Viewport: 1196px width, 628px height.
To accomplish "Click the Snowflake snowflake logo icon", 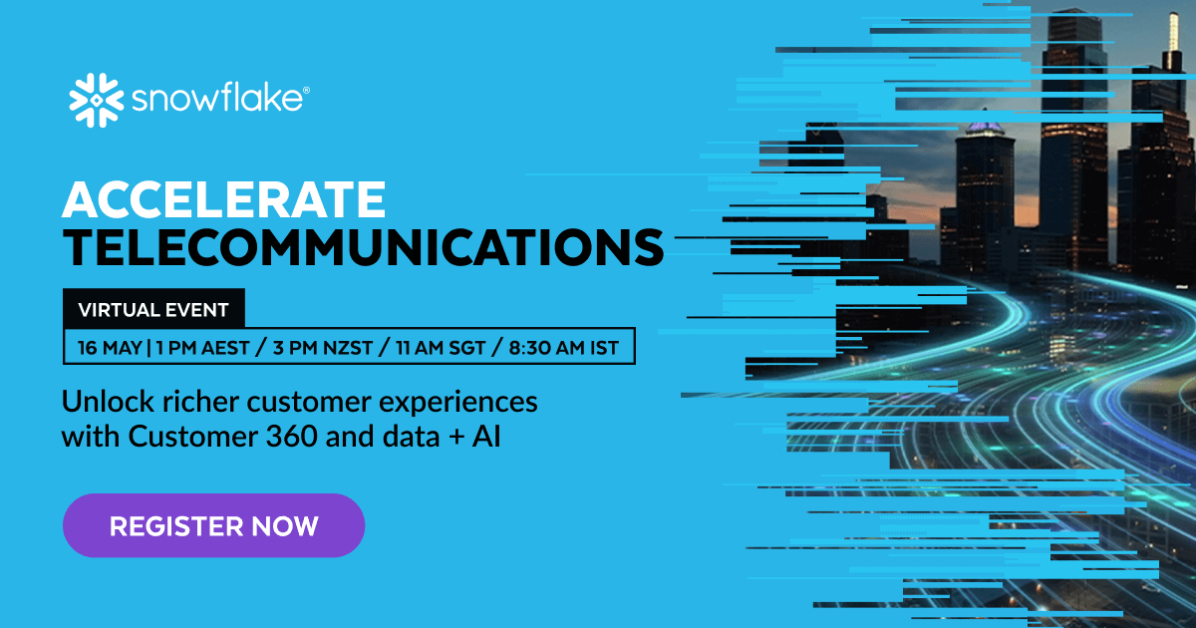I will [x=96, y=100].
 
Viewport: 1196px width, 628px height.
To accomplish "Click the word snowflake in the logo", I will [x=215, y=101].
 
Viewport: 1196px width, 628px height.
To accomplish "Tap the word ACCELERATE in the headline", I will [x=223, y=201].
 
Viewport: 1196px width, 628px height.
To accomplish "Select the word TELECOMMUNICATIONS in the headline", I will [x=363, y=246].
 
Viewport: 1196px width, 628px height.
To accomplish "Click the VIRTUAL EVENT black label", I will [x=153, y=310].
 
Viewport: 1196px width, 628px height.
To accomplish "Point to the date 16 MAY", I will [x=109, y=348].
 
